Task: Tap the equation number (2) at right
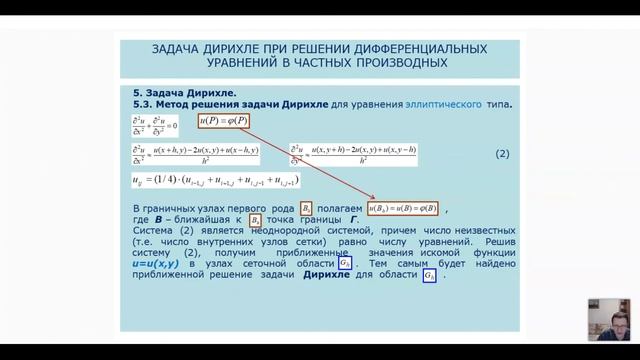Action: tap(503, 154)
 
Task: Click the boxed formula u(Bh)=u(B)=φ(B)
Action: tap(402, 208)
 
